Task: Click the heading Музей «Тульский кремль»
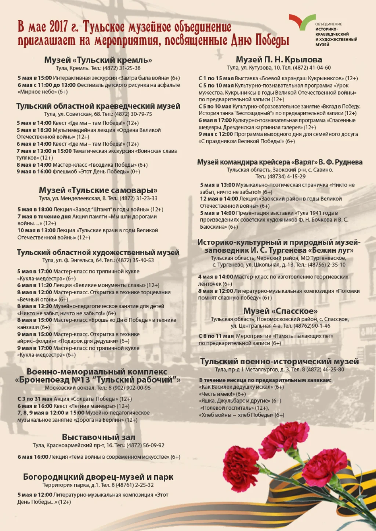(x=98, y=60)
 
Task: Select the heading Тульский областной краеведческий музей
(x=98, y=106)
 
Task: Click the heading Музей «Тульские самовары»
(x=98, y=190)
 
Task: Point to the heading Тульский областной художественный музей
(x=98, y=252)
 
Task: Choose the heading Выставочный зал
(x=98, y=437)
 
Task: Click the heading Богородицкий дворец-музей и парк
(x=98, y=477)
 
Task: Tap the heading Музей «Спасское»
(x=280, y=311)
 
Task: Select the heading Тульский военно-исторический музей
(x=279, y=361)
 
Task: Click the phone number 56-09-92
(x=153, y=446)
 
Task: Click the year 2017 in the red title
(x=58, y=27)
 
